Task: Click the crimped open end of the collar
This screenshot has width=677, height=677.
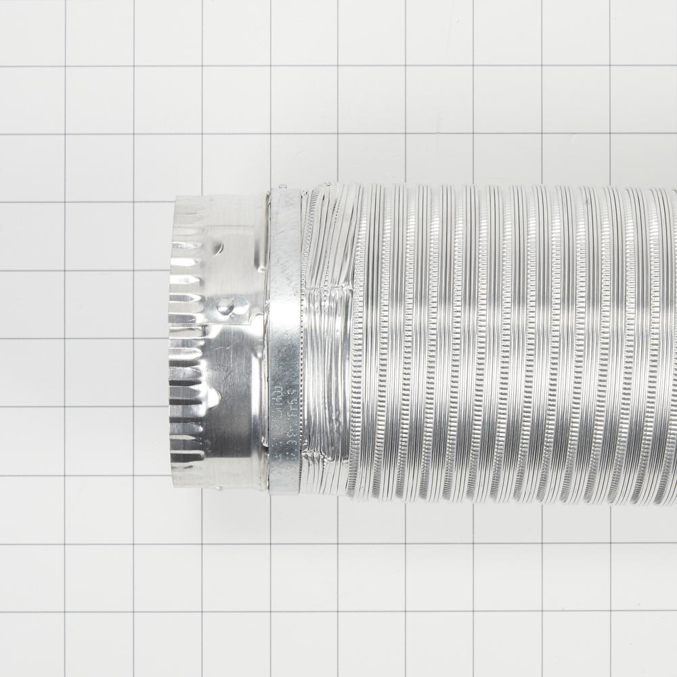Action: (177, 338)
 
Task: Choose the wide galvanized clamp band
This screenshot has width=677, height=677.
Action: (284, 338)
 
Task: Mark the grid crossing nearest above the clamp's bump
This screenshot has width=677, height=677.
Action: (271, 135)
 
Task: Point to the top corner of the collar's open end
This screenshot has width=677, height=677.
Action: (177, 198)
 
